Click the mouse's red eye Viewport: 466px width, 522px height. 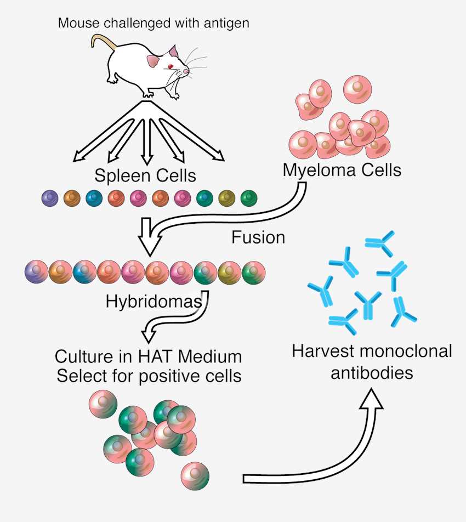[171, 67]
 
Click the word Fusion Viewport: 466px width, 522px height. [258, 237]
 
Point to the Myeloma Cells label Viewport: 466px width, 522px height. [342, 170]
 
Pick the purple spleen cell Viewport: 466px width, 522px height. [50, 197]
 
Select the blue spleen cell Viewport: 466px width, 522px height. [94, 197]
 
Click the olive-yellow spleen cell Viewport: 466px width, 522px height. [226, 197]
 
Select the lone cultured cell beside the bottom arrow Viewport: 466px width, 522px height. [195, 476]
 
